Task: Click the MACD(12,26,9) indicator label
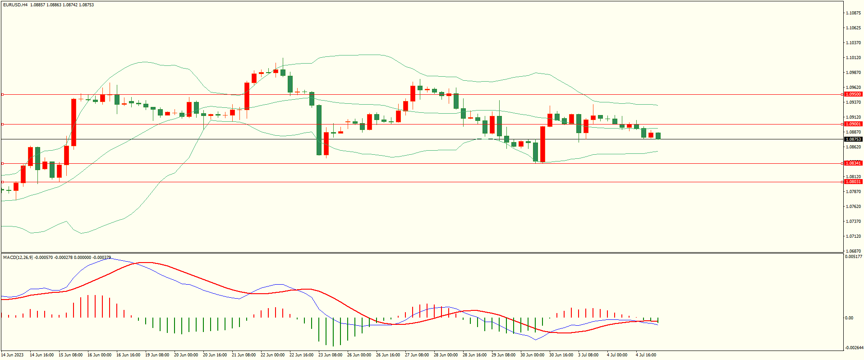pyautogui.click(x=18, y=257)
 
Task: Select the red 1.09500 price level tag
pyautogui.click(x=853, y=94)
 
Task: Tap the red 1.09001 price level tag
pyautogui.click(x=853, y=124)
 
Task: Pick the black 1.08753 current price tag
pyautogui.click(x=853, y=139)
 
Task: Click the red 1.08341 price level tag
pyautogui.click(x=853, y=163)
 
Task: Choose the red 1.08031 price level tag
pyautogui.click(x=853, y=182)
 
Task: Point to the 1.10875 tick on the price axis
pyautogui.click(x=853, y=13)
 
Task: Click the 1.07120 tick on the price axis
pyautogui.click(x=853, y=236)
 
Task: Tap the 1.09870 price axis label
pyautogui.click(x=853, y=73)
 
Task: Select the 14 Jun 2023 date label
pyautogui.click(x=13, y=355)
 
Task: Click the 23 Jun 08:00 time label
pyautogui.click(x=330, y=355)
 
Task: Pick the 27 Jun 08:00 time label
pyautogui.click(x=417, y=355)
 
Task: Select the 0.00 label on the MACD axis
pyautogui.click(x=849, y=318)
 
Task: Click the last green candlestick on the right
pyautogui.click(x=658, y=136)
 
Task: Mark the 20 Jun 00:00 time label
pyautogui.click(x=186, y=355)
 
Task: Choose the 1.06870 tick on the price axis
pyautogui.click(x=853, y=251)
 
